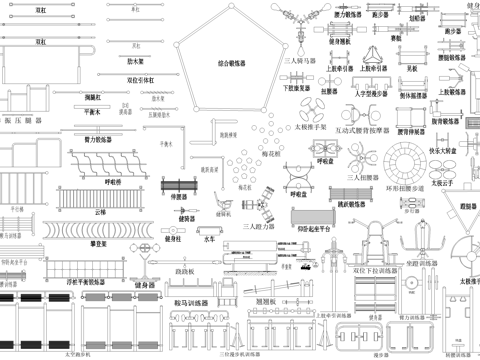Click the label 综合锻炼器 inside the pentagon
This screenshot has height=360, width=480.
point(235,62)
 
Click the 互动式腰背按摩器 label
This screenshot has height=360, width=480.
point(363,129)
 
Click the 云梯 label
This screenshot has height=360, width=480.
point(98,212)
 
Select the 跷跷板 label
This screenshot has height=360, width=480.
point(184,271)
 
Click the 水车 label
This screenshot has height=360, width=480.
point(209,239)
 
